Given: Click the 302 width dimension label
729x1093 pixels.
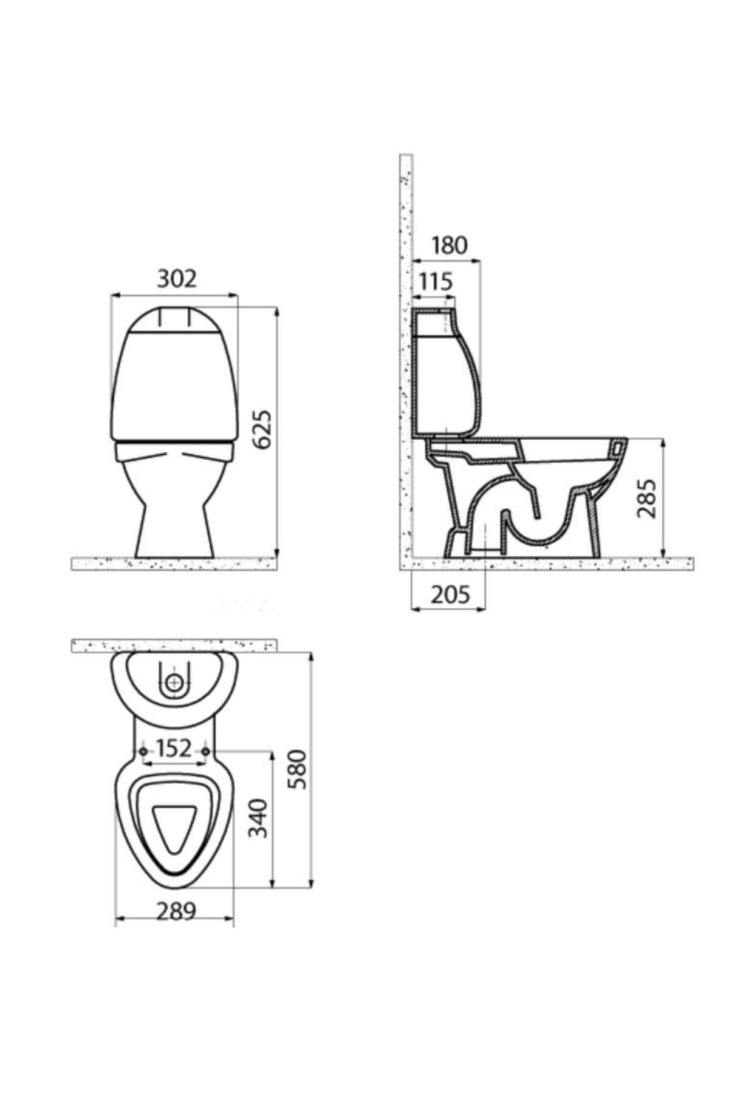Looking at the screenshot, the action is click(177, 279).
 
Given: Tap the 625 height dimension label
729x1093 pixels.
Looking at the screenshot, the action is click(262, 430).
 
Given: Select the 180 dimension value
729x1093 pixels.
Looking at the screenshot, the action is click(450, 245).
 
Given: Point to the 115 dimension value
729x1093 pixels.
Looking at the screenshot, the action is click(436, 282).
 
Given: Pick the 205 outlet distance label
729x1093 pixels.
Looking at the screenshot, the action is click(451, 595).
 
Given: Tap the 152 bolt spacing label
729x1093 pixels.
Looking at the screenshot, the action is click(174, 748).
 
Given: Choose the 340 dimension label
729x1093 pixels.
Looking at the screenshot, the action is click(258, 819).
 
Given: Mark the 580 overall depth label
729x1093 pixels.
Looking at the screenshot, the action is click(298, 769).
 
